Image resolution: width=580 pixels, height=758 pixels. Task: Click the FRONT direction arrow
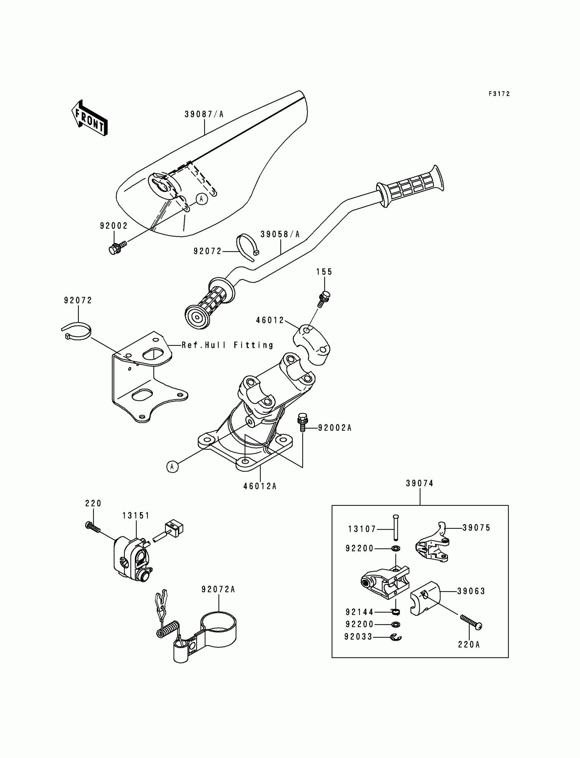pyautogui.click(x=89, y=118)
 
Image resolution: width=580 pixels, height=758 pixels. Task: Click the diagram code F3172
pyautogui.click(x=499, y=94)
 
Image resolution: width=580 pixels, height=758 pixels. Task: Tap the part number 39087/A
pyautogui.click(x=204, y=114)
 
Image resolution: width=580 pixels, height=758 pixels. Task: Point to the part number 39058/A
pyautogui.click(x=280, y=234)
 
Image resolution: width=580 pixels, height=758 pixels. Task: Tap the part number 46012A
pyautogui.click(x=260, y=486)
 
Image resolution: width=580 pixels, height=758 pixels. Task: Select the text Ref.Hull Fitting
pyautogui.click(x=228, y=345)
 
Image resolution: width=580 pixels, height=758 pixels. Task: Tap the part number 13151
pyautogui.click(x=136, y=516)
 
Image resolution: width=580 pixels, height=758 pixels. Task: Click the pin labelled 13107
pyautogui.click(x=396, y=527)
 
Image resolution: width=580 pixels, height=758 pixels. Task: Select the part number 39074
pyautogui.click(x=419, y=484)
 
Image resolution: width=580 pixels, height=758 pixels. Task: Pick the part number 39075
pyautogui.click(x=476, y=527)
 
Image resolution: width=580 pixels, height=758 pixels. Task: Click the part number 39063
pyautogui.click(x=471, y=591)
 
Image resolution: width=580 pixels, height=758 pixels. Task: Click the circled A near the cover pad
pyautogui.click(x=202, y=199)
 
